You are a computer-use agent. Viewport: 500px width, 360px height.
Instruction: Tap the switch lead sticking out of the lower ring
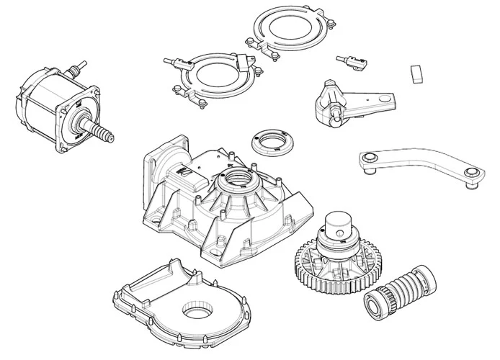point(173,63)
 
